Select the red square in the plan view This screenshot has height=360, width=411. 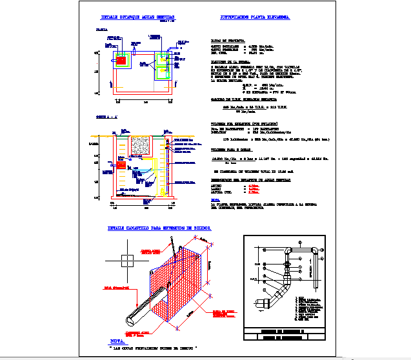(x=120, y=60)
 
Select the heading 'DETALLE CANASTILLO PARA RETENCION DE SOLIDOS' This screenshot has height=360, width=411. (x=163, y=228)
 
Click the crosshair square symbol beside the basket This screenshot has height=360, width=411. (x=126, y=261)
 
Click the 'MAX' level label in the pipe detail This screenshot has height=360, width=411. (x=257, y=279)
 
